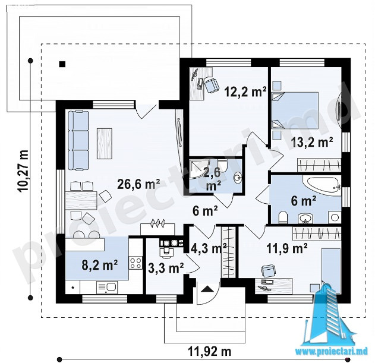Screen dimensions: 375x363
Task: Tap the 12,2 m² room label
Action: [x=245, y=91]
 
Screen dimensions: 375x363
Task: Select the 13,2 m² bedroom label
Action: [x=312, y=142]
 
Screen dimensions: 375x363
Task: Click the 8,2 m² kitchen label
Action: [x=99, y=265]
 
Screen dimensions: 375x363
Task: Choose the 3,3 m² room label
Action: [x=166, y=268]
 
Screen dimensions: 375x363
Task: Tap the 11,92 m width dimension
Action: [x=210, y=352]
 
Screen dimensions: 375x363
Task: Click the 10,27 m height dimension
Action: [x=23, y=171]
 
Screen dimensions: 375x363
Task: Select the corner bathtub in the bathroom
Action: [x=322, y=186]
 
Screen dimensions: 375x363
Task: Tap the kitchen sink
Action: [x=107, y=287]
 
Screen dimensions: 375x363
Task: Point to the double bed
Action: [x=295, y=111]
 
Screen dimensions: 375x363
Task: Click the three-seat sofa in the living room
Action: [x=78, y=140]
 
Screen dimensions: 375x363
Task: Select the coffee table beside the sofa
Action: [x=105, y=144]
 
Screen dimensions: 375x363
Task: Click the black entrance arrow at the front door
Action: [x=207, y=289]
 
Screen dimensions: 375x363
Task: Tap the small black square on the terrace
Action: [x=62, y=64]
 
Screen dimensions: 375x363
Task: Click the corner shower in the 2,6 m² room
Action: [x=199, y=171]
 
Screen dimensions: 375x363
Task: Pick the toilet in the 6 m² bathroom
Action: [x=283, y=217]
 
